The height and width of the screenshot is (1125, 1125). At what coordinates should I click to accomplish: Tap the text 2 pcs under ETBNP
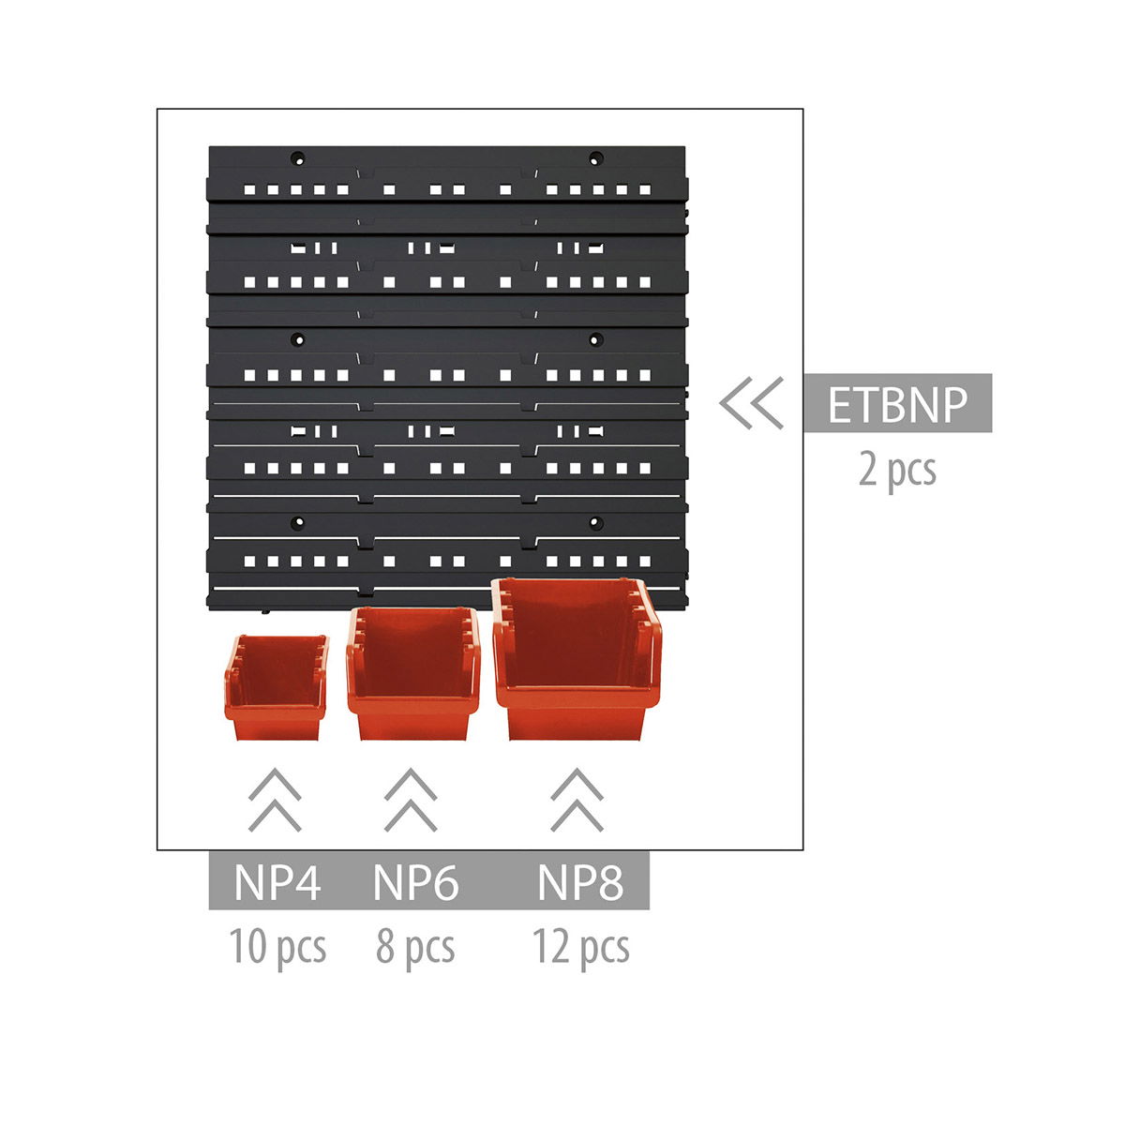897,471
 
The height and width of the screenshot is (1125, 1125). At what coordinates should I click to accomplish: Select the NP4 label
277,883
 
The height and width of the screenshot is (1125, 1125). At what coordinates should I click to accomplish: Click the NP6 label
415,883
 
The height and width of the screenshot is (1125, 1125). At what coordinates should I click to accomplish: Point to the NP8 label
580,883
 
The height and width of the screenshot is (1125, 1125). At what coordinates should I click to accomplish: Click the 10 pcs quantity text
277,946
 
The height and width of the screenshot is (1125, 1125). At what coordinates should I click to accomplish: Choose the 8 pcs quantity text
415,946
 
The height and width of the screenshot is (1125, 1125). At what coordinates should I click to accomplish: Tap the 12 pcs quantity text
581,946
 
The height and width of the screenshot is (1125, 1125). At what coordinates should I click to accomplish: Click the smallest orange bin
277,687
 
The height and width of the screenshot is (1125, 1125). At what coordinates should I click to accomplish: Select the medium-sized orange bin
413,673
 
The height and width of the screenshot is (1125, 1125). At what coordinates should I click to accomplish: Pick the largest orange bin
577,658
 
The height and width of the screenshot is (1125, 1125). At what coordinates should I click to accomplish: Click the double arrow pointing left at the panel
751,403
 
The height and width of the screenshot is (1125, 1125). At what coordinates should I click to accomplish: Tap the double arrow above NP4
275,800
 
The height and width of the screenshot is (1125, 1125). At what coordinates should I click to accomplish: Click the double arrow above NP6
411,800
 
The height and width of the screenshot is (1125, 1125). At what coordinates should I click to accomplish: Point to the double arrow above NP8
577,800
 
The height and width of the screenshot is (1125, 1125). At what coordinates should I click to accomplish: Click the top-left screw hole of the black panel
298,157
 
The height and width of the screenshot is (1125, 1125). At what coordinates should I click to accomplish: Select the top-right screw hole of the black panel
595,157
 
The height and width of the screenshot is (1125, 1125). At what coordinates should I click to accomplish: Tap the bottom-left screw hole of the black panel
298,522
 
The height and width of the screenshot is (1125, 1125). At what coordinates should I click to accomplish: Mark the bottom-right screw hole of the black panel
595,522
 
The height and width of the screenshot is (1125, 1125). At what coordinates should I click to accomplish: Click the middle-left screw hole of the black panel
298,339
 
